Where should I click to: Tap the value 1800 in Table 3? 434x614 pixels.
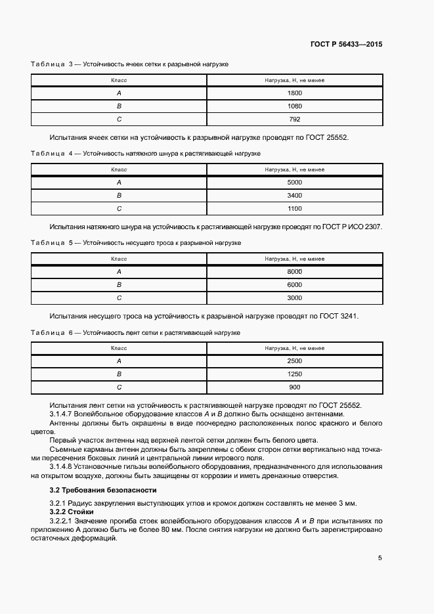[294, 93]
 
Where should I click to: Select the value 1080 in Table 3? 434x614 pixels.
[294, 106]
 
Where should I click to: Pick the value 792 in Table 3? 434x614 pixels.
[294, 119]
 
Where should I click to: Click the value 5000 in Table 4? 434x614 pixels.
[294, 183]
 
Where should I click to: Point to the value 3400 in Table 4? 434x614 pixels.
[294, 196]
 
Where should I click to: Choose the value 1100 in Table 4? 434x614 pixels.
[294, 209]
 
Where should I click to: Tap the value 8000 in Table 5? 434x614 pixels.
[294, 272]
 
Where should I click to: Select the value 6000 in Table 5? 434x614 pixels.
[294, 285]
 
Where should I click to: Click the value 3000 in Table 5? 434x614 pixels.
[294, 297]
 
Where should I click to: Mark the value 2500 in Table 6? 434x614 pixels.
[294, 361]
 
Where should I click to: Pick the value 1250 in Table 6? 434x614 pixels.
[294, 374]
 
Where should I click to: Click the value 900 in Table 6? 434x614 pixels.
[294, 387]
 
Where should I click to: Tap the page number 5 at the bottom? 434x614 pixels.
[380, 558]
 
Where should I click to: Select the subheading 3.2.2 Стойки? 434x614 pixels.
[72, 512]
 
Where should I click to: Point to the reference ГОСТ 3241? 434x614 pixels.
[339, 316]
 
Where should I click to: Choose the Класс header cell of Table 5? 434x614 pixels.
[119, 259]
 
